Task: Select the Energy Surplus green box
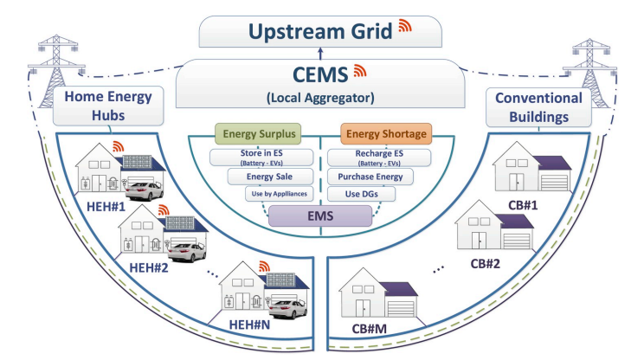tap(257, 134)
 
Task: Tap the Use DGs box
tap(362, 194)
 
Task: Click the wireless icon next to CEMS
tap(361, 71)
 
